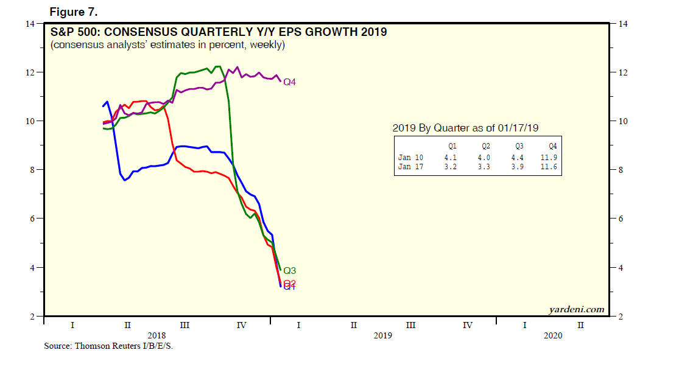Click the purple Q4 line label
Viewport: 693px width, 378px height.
pos(289,82)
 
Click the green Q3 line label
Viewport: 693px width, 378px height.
pos(289,270)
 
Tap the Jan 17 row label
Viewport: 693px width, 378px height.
pos(410,167)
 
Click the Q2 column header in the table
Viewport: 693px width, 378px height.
pos(486,146)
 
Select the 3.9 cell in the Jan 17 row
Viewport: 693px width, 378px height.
pos(519,167)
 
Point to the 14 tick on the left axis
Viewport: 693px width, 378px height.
pos(29,24)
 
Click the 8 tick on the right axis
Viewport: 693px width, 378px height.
pos(622,170)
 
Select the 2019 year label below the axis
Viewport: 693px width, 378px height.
pos(382,335)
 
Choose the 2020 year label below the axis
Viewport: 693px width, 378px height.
pos(552,335)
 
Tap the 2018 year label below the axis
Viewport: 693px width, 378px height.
pos(157,335)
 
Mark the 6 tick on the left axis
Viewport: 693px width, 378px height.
pos(32,219)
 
